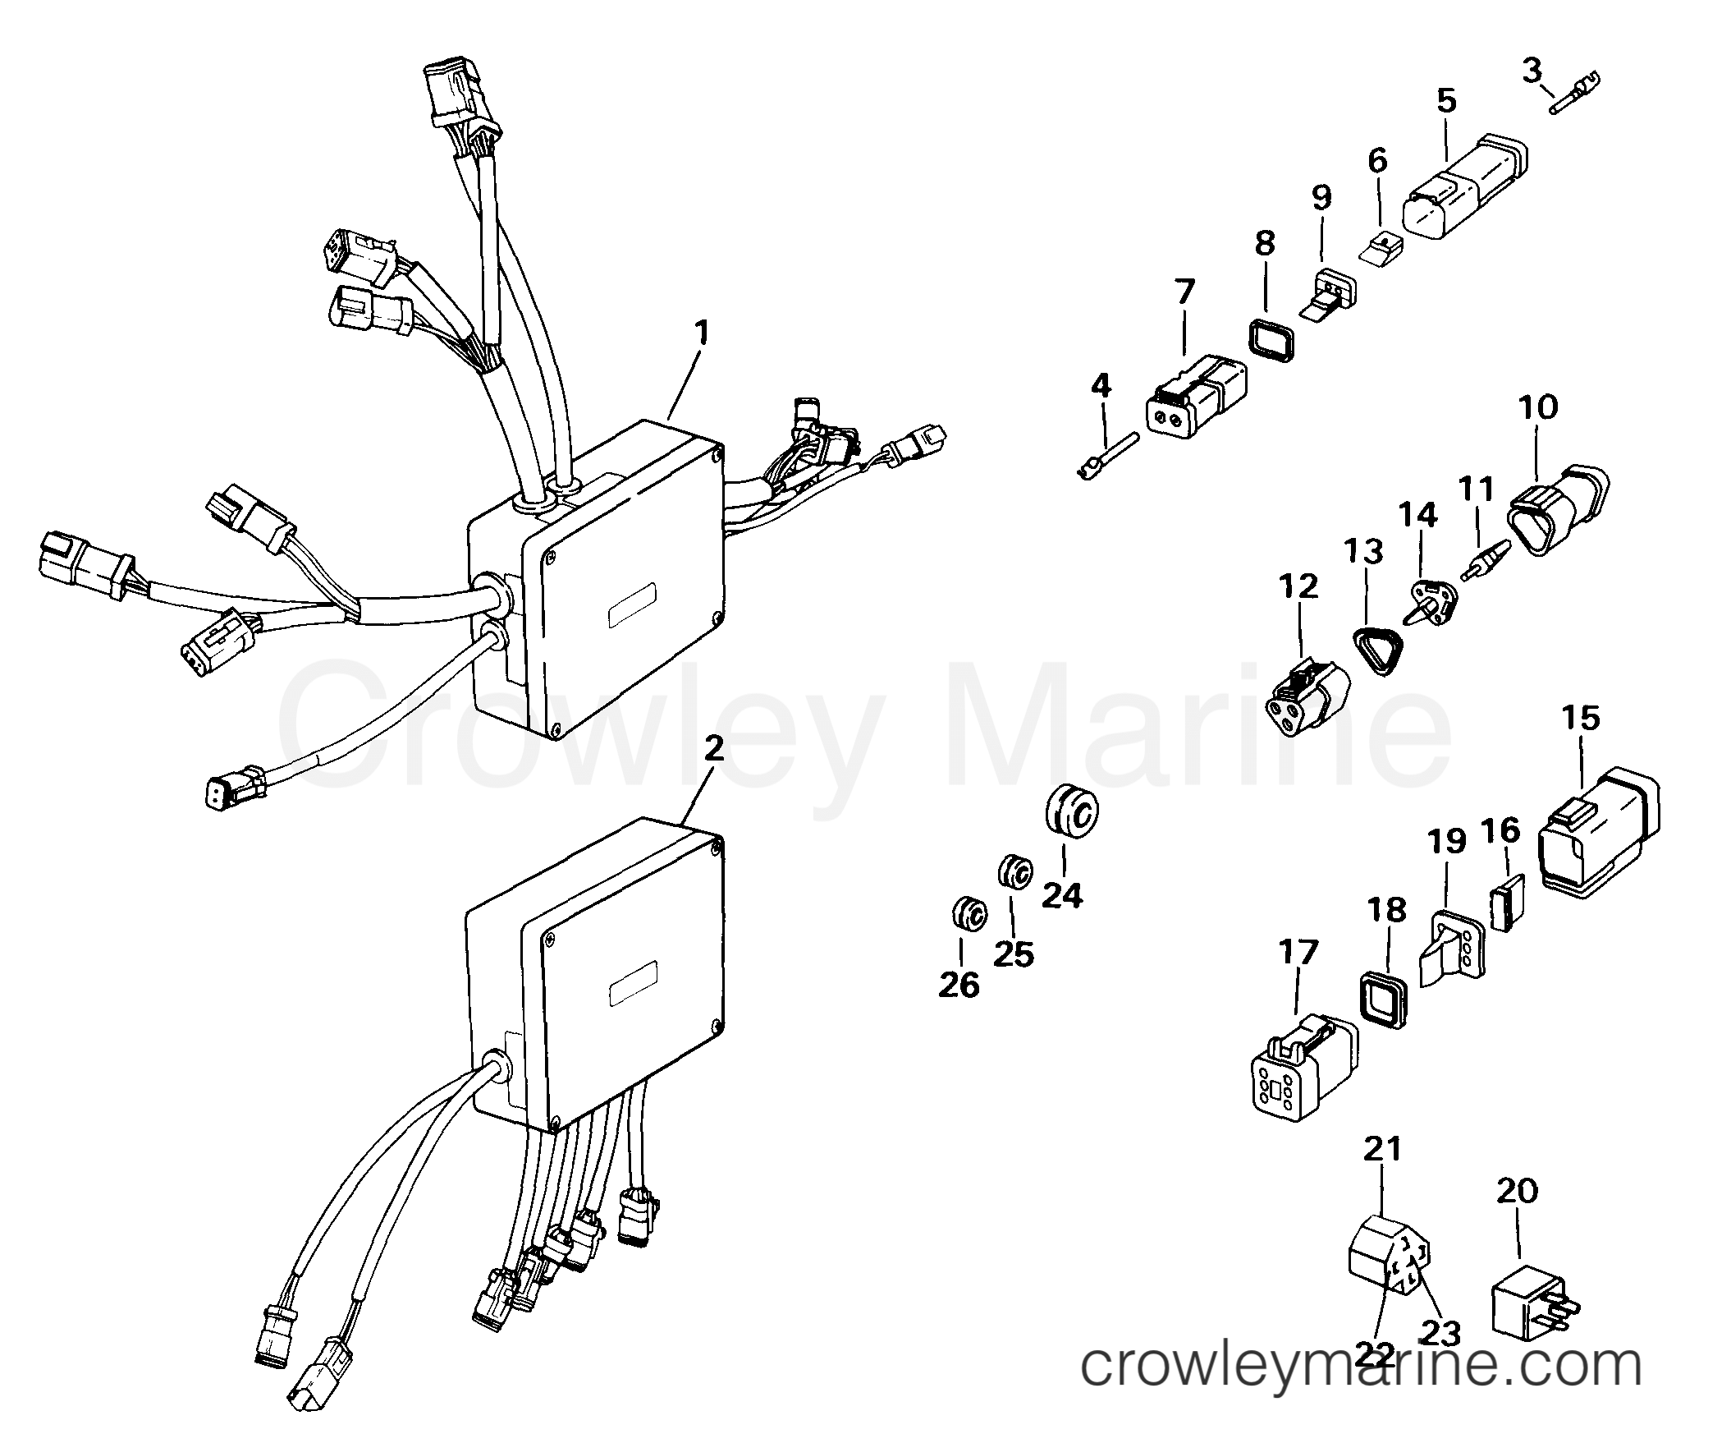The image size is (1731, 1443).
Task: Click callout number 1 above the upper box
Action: (x=701, y=333)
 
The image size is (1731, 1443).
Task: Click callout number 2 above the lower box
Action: (x=714, y=748)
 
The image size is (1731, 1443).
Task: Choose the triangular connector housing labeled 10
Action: (x=1560, y=509)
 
